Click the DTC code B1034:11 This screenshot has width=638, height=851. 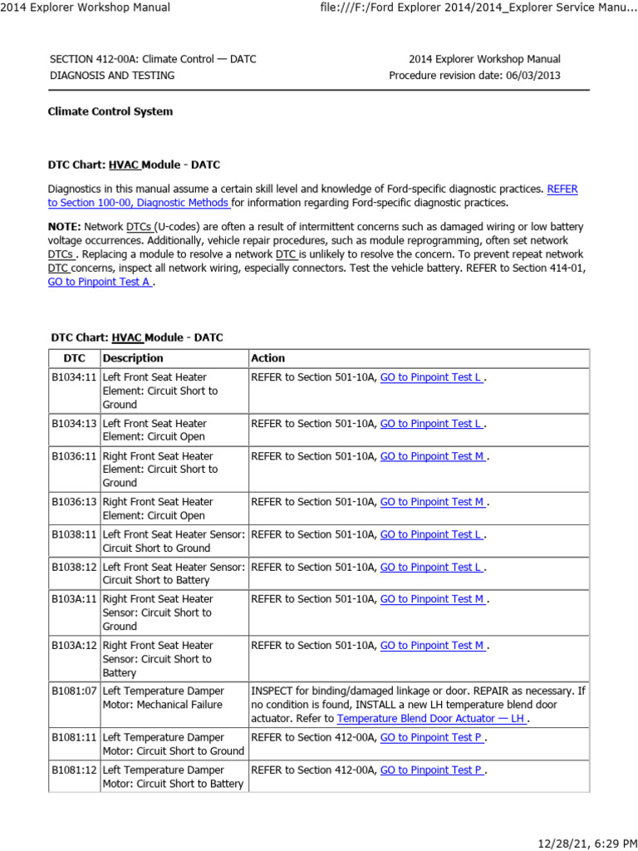click(74, 377)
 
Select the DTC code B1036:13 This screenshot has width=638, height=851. click(74, 502)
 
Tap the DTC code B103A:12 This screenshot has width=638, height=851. click(74, 646)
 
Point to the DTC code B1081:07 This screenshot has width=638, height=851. click(74, 691)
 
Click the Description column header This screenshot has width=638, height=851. click(133, 358)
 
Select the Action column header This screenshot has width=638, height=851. click(267, 358)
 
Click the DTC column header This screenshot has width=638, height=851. click(74, 358)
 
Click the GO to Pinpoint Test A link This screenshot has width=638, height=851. click(100, 282)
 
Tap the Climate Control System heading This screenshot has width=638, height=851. click(110, 111)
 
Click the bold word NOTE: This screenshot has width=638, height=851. click(64, 227)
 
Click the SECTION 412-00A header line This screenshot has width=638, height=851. click(153, 59)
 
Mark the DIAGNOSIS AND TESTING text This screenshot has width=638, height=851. click(112, 76)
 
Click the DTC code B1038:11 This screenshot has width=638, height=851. click(74, 534)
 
